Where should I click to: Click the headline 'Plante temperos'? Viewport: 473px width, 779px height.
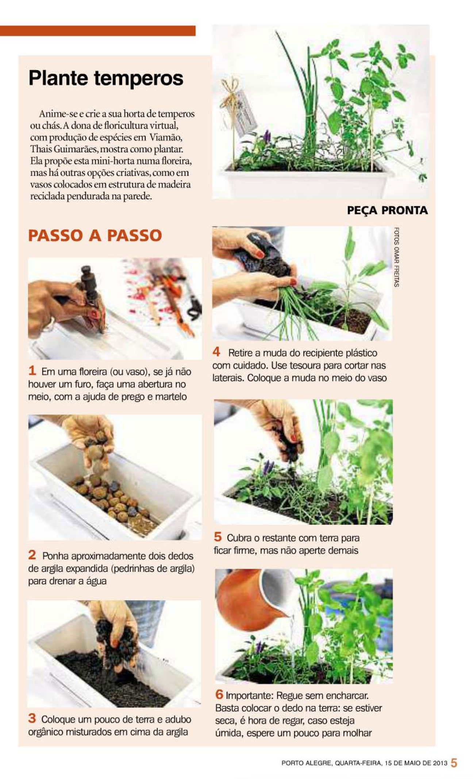[106, 78]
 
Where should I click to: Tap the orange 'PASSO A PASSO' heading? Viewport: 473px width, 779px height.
[95, 236]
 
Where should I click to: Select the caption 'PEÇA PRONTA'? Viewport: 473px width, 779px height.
[387, 210]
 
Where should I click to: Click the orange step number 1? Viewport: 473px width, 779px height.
[32, 371]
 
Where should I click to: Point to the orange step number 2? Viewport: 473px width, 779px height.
[32, 555]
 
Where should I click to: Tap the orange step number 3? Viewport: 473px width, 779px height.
[32, 718]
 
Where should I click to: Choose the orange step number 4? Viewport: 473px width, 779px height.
[216, 352]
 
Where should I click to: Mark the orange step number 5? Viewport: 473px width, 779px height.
[218, 537]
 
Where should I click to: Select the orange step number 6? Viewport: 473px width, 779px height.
[219, 694]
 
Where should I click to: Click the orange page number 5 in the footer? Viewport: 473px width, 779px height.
[454, 763]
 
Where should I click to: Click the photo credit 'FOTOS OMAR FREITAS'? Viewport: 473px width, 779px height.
[397, 257]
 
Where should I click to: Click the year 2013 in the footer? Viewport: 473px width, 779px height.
[440, 763]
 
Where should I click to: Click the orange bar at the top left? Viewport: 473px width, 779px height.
[98, 31]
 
